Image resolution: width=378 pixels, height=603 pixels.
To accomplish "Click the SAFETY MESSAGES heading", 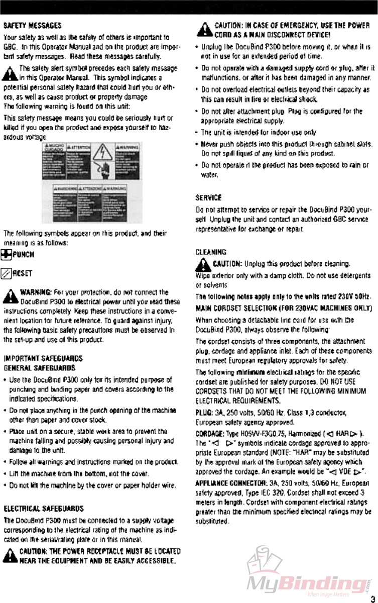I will (33, 25).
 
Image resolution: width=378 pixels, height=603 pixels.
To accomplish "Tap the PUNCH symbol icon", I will (8, 254).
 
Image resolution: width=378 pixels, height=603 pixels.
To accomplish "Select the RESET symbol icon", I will (8, 273).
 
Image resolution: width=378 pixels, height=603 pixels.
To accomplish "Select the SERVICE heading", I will (208, 198).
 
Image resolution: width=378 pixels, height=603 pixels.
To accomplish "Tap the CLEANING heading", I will (210, 252).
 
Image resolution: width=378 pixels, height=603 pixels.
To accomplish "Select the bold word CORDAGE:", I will (209, 434).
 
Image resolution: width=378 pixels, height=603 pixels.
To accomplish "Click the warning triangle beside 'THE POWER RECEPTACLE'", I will (10, 555).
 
